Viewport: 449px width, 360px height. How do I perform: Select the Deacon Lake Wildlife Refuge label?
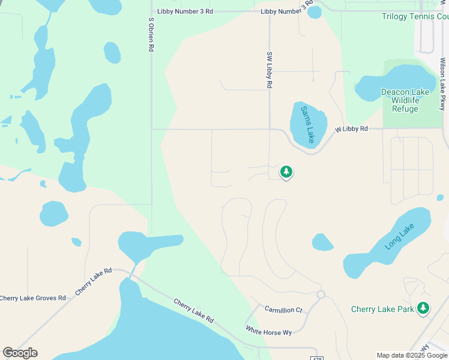(405, 100)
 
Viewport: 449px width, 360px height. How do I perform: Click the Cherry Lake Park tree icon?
(424, 308)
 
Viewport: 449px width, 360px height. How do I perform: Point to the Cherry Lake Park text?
(382, 310)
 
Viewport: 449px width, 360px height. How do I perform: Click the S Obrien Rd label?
(151, 34)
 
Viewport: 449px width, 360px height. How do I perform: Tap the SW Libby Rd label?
(269, 70)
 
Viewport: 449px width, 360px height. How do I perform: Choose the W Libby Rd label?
(351, 129)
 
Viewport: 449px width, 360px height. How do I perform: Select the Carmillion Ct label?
(283, 310)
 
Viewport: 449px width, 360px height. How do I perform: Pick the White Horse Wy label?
(268, 331)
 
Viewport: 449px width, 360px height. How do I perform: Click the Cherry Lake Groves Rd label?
(33, 298)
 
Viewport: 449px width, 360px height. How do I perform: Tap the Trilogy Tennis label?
(415, 16)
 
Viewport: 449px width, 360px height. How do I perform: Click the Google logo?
(20, 353)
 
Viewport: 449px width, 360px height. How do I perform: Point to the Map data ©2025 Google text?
(412, 355)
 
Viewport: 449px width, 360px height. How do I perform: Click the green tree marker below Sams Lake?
(286, 172)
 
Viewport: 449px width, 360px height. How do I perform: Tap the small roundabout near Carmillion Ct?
(321, 295)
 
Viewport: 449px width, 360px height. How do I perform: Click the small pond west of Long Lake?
(322, 242)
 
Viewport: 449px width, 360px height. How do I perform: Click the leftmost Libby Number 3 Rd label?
(185, 11)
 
